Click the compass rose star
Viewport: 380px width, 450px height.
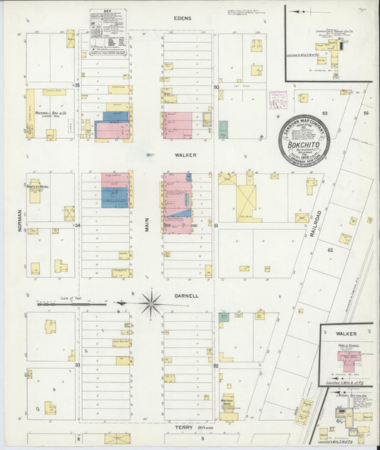pos(151,304)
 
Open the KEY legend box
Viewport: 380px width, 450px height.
pos(108,28)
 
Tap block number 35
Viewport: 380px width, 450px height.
pos(78,85)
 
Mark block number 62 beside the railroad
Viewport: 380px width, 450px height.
pos(330,251)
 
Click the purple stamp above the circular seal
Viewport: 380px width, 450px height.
pos(277,100)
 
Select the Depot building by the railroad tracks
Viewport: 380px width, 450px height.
pos(305,411)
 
